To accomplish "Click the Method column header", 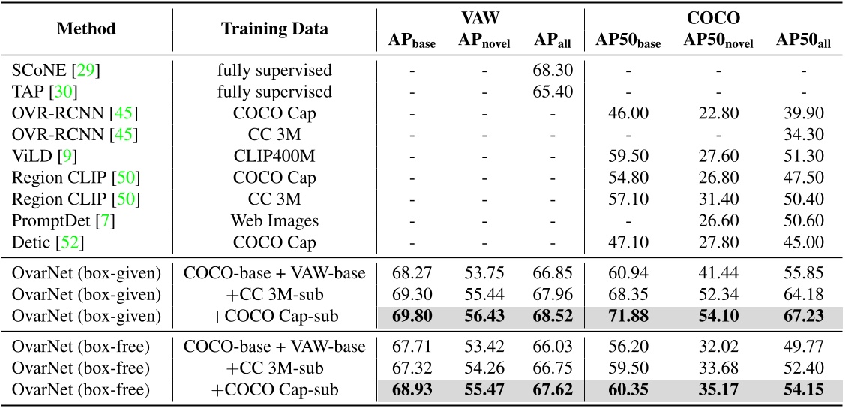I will point(86,29).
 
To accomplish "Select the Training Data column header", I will point(274,29).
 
